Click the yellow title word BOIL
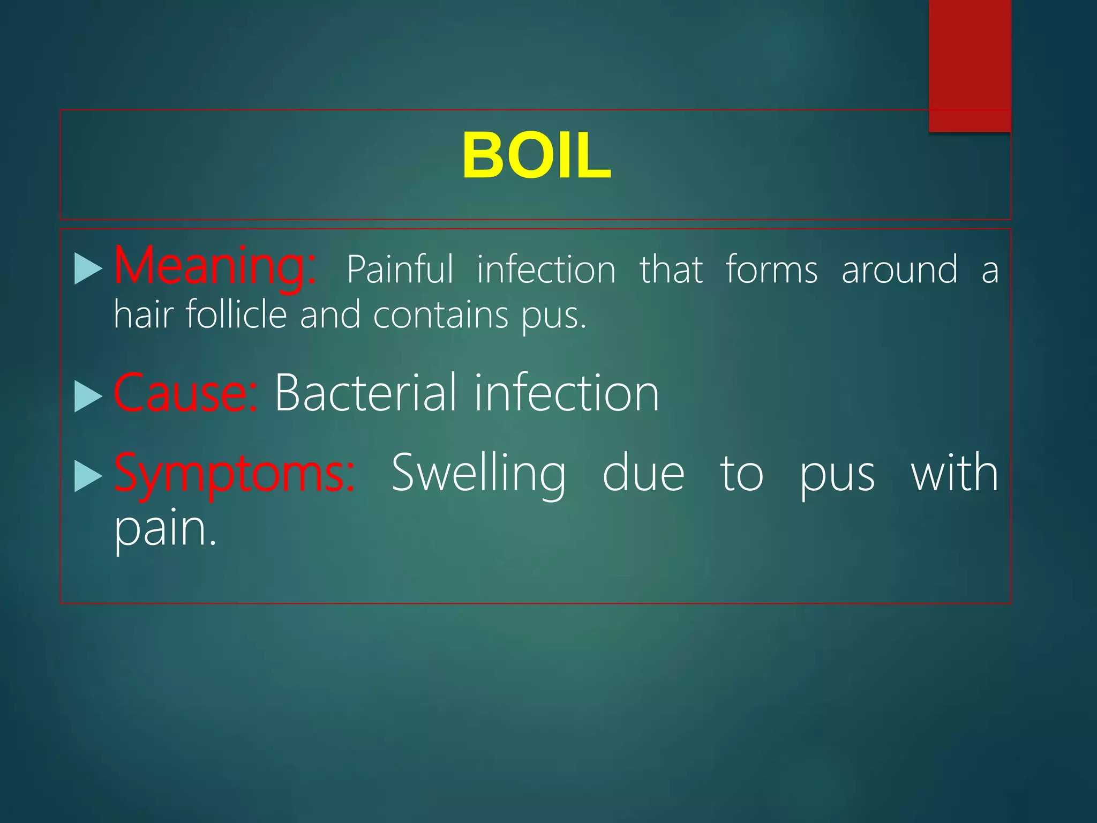[x=536, y=156]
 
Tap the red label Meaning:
[x=215, y=266]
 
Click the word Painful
[x=400, y=269]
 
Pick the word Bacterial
[x=366, y=393]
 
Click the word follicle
[x=236, y=315]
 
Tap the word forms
[x=771, y=269]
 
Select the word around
[x=899, y=269]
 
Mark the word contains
[x=440, y=315]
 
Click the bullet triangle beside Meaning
[x=88, y=268]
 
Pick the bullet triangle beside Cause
[x=88, y=396]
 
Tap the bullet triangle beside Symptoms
[x=88, y=476]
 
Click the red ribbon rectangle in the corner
[x=970, y=64]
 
